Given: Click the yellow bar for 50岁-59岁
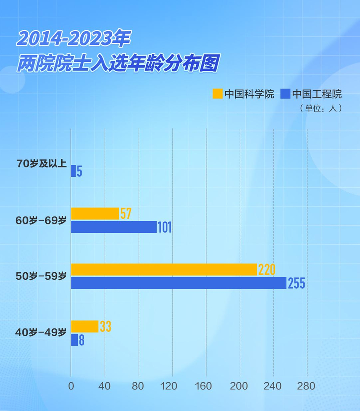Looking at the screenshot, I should coord(164,270).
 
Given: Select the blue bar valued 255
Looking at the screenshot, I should coord(178,283).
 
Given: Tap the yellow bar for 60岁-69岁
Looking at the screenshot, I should coord(95,214).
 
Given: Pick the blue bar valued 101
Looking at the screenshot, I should coord(114,227).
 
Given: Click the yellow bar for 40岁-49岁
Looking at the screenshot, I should coord(85,327).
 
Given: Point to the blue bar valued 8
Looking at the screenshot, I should coord(74,340).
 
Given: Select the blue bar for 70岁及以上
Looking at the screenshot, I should coord(73,171).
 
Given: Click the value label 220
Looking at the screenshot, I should coord(267,270).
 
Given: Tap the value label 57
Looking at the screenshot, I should coord(126,214).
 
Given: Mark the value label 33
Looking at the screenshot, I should coord(105,327).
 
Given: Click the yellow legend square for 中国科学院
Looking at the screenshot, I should coord(217,94).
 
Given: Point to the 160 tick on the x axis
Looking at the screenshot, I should coord(206,386).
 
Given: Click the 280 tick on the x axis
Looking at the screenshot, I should coord(307,386).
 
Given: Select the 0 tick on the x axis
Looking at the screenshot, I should coord(71,386).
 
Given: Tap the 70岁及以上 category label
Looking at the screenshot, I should coord(41,164).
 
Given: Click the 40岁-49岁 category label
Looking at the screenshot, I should coord(41,332).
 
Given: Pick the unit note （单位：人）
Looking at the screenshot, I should coord(321,108).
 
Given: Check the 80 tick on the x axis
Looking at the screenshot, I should coord(138,386).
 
